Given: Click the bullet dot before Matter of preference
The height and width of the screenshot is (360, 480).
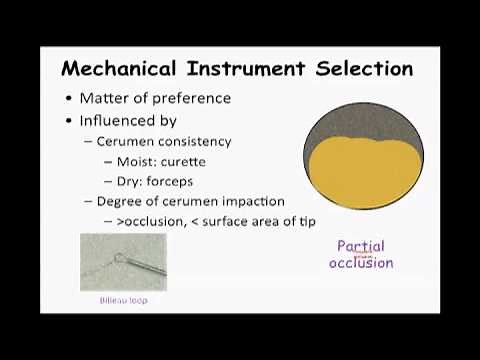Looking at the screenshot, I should coord(68,98).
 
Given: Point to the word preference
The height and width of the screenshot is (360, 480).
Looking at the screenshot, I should coord(190,98).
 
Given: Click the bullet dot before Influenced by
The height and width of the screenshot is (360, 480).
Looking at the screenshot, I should coord(68,120).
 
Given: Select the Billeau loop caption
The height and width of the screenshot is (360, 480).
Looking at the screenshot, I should coord(122,299).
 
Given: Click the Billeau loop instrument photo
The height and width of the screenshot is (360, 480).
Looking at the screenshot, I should coord(123,261).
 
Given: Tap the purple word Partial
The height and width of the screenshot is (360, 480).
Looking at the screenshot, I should coord(361,246).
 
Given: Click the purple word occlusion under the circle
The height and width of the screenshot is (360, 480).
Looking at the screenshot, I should coord(361,263).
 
